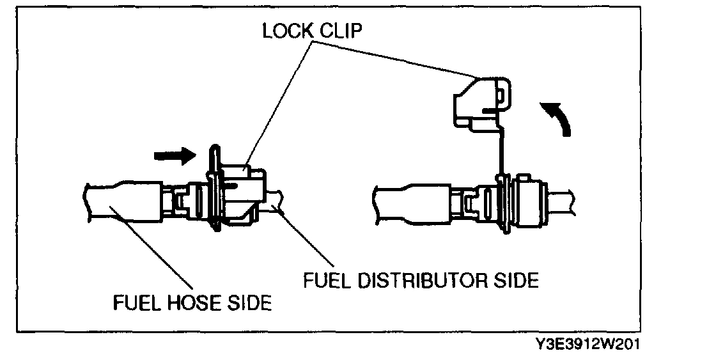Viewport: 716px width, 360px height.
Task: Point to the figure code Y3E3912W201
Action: point(588,345)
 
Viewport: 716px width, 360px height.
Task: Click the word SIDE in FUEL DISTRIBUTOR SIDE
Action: point(516,280)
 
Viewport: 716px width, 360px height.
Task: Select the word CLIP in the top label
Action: point(340,33)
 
